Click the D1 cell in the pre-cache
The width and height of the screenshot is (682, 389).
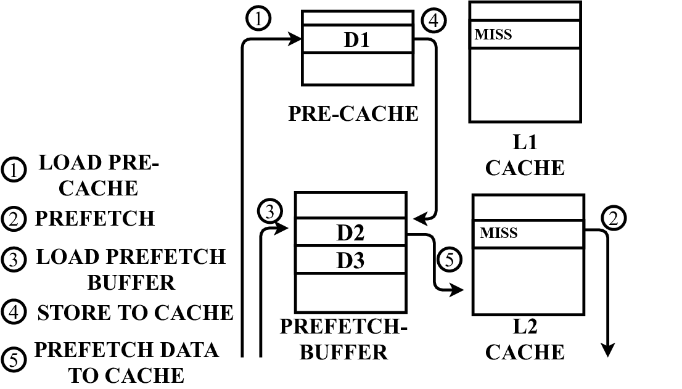click(x=356, y=40)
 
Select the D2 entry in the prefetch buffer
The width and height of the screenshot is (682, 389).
click(x=350, y=233)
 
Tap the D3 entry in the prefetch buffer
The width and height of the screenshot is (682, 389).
click(x=350, y=260)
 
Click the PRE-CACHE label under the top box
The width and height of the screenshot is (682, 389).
click(x=353, y=113)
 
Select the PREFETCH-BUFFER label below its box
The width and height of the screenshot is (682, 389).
click(x=344, y=339)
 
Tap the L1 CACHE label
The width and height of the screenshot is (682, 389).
click(x=525, y=156)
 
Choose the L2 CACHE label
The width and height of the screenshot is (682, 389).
click(x=525, y=339)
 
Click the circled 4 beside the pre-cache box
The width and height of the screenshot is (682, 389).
click(x=433, y=21)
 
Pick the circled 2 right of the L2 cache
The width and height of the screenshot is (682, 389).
click(x=614, y=218)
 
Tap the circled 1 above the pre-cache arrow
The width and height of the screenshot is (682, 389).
click(x=258, y=19)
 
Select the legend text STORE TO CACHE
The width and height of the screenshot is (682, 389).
click(x=135, y=313)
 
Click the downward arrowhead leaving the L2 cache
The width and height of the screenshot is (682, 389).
click(x=608, y=350)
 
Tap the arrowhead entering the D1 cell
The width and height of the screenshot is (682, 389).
click(x=295, y=40)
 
